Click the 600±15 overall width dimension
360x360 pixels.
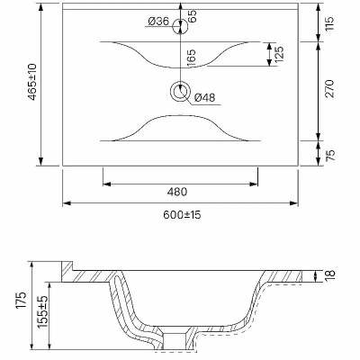coord(182,215)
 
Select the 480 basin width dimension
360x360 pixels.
coord(177,192)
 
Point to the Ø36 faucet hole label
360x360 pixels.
coord(158,22)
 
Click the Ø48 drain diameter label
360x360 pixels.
coord(204,97)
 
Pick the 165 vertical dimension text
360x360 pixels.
coord(191,58)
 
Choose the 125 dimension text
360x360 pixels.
coord(279,54)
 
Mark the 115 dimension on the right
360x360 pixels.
coord(329,23)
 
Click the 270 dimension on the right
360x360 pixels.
coord(329,88)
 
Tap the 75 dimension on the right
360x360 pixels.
coord(329,155)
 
